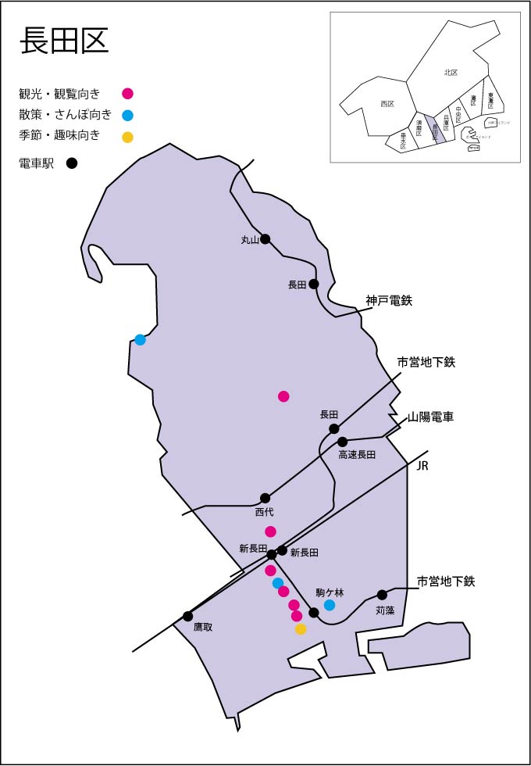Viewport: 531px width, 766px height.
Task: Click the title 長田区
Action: coord(64,41)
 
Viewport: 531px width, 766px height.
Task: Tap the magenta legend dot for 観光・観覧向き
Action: coord(128,94)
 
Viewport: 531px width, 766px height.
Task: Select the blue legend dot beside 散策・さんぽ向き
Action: coord(128,115)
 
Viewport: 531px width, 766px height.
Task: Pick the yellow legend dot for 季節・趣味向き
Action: coord(128,137)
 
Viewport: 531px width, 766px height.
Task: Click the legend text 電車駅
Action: coord(37,163)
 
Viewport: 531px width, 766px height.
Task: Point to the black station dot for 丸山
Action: coord(265,238)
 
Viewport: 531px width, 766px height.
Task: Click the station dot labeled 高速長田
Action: coord(342,442)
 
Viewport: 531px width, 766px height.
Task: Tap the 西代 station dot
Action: coord(265,498)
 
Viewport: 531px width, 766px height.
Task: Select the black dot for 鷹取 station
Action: coord(188,616)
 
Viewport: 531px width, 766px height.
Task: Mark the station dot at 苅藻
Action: coord(383,595)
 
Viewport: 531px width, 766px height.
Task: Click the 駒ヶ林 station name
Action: coord(330,592)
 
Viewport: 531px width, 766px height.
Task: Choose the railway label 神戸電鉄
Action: coord(389,300)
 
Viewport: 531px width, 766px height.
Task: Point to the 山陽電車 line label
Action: coord(431,417)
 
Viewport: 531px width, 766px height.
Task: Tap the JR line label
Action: coord(424,467)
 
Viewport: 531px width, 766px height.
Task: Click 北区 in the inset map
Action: coord(451,72)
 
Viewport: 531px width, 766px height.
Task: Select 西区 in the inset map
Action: coord(387,103)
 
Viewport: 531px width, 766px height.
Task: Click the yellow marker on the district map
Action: coord(301,629)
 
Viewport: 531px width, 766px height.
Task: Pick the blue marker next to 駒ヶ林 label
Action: coord(330,605)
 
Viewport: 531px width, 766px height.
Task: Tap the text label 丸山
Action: coord(250,241)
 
